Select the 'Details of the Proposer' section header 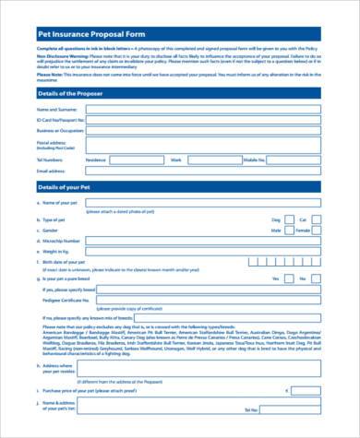tap(69, 93)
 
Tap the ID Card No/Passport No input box tap(204, 120)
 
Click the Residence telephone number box tap(138, 160)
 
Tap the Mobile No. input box tap(294, 160)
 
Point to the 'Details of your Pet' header tap(64, 187)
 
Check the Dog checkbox tap(288, 220)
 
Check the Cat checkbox tap(318, 220)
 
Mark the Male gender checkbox tap(288, 231)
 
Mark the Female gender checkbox tap(318, 231)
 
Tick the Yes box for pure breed tap(288, 278)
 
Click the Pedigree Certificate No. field tap(203, 300)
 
